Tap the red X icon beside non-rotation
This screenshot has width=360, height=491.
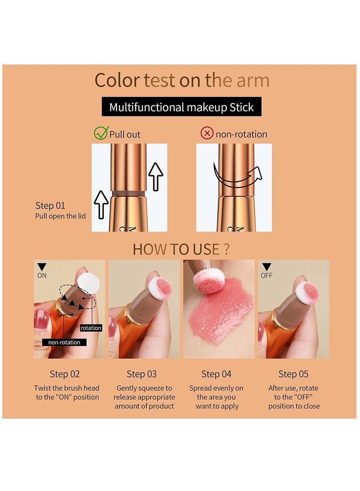pyautogui.click(x=207, y=134)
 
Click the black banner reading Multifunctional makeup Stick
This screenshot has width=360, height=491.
pyautogui.click(x=181, y=107)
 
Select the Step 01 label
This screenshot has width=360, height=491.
pyautogui.click(x=50, y=206)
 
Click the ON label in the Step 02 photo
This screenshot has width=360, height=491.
pyautogui.click(x=42, y=275)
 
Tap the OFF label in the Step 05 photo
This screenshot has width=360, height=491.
pyautogui.click(x=266, y=275)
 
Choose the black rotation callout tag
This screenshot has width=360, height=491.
pyautogui.click(x=91, y=328)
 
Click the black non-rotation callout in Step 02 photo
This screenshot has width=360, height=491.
pyautogui.click(x=64, y=342)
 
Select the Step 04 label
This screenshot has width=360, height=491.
pyautogui.click(x=216, y=374)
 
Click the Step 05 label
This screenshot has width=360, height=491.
pyautogui.click(x=293, y=374)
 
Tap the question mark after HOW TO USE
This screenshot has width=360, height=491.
pyautogui.click(x=226, y=249)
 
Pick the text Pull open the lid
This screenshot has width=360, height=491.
pyautogui.click(x=60, y=216)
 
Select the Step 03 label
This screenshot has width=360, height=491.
pyautogui.click(x=142, y=374)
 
